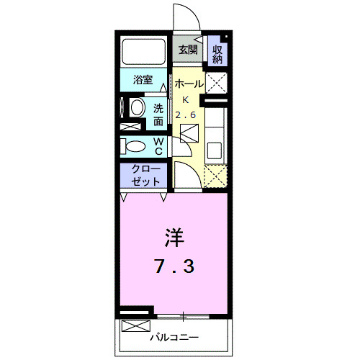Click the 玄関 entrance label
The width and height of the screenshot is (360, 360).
coord(189,50)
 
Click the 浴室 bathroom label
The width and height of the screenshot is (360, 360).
coord(142,81)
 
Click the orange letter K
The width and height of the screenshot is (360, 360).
coord(185,99)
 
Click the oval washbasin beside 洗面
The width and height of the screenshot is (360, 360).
coord(136,109)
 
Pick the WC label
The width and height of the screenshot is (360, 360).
coord(158,147)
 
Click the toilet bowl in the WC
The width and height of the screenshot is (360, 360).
coord(135,147)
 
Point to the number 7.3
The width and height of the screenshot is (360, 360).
coord(174,266)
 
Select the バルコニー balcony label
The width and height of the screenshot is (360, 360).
coord(174,336)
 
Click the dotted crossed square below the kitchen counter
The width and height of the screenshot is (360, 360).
coord(215,176)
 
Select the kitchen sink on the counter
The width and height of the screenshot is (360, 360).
coord(214,150)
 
